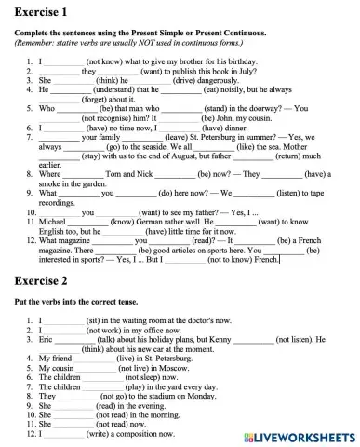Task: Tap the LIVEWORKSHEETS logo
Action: [x=299, y=436]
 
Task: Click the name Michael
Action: [x=53, y=222]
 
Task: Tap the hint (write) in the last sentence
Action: [x=101, y=432]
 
